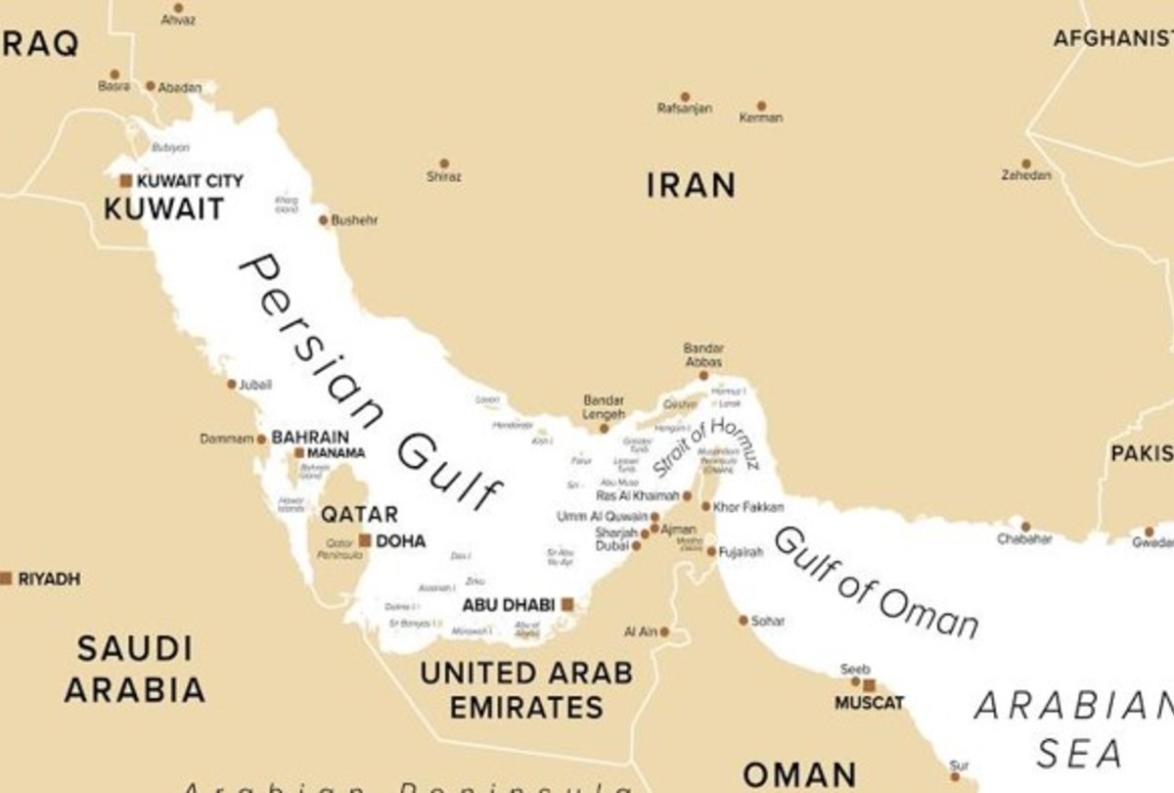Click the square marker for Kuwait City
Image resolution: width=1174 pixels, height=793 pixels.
pos(125,180)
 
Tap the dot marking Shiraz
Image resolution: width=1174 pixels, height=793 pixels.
pos(443,163)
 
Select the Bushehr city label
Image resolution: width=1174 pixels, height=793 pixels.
pos(354,220)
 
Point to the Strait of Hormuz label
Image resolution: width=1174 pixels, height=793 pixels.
pos(706,447)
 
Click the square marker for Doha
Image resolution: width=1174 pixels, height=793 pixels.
pos(365,540)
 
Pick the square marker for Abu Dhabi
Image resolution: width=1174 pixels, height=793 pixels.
pos(566,605)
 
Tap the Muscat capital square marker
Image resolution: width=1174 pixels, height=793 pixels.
pos(868,686)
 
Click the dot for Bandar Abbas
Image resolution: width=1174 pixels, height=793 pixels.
pos(703,375)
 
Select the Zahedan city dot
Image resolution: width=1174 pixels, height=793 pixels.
pos(1026,163)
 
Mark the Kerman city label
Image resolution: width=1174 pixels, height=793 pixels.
pos(761,118)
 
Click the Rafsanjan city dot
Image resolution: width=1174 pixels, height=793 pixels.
pos(685,97)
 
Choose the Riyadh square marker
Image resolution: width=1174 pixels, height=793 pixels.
pos(6,579)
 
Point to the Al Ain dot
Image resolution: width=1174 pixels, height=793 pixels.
pos(664,632)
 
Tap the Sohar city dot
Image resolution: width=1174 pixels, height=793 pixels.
pos(744,620)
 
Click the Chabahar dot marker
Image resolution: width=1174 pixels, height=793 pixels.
pos(1025,526)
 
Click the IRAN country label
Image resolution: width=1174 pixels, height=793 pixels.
pos(691,185)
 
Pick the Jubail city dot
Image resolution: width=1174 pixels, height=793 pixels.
pos(232,385)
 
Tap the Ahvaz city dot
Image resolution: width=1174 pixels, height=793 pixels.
pos(178,8)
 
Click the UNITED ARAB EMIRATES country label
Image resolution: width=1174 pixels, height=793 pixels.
pos(525,690)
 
